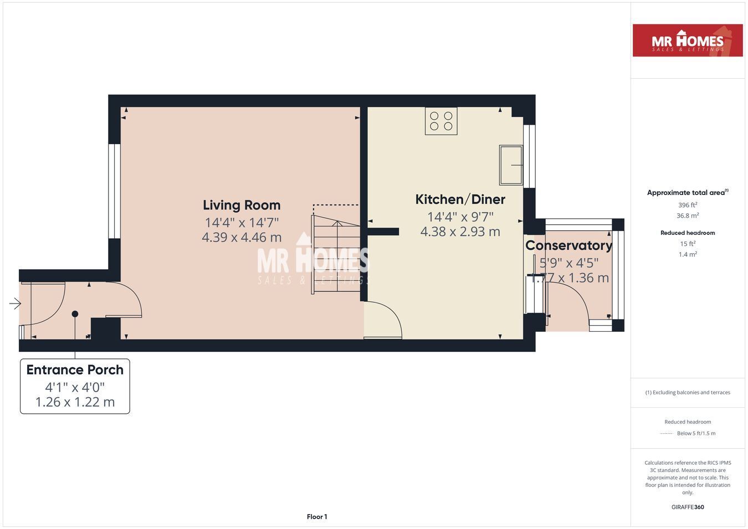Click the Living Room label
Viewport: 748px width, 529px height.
tap(242, 206)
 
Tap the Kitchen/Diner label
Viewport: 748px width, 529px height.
tap(460, 199)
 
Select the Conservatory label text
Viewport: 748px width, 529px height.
tap(568, 245)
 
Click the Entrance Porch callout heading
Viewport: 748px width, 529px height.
tap(75, 370)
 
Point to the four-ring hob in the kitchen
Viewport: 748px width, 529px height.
tap(441, 121)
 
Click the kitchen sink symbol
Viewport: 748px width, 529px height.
tap(511, 165)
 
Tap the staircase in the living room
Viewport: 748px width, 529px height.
tap(336, 254)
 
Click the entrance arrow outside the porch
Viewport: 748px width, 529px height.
tap(15, 304)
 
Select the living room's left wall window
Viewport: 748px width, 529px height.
tap(114, 191)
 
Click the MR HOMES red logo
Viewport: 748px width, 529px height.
tap(688, 40)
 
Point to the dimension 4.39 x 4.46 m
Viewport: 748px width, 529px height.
tap(242, 237)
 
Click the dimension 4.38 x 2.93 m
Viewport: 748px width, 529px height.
tap(460, 232)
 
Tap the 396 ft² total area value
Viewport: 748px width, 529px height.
tap(688, 205)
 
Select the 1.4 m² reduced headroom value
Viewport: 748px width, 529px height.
tap(688, 254)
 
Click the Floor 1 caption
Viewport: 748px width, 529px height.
tap(317, 517)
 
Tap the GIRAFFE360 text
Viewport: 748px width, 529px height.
tap(688, 507)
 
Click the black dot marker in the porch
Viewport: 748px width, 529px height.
tap(75, 314)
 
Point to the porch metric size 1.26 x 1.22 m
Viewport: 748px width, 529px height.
tap(75, 402)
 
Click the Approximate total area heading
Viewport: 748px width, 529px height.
tap(688, 193)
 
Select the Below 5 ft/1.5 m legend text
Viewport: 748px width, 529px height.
tap(696, 433)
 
